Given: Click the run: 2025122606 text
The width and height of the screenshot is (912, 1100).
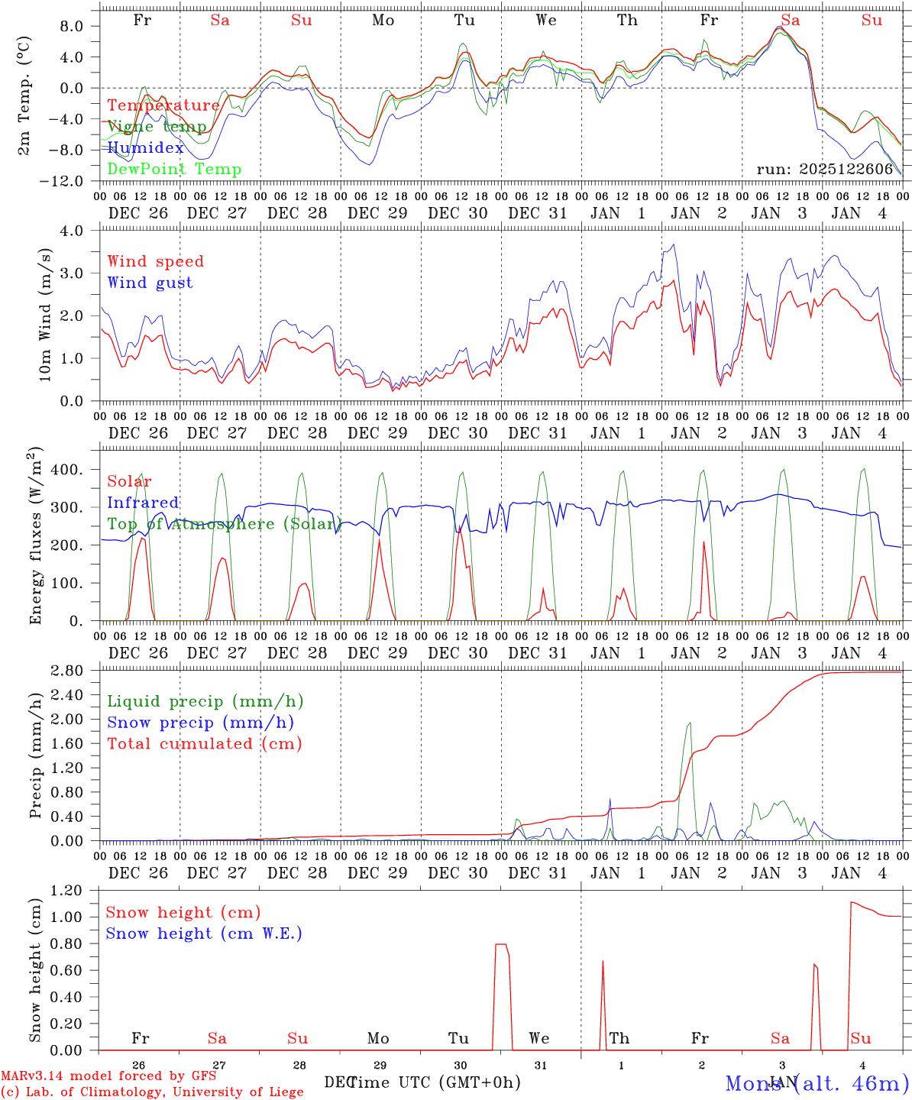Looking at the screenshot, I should pos(824,170).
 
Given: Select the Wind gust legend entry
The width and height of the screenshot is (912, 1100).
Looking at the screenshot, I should pos(150,283).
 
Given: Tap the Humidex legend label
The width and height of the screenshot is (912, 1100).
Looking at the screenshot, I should pos(145,148).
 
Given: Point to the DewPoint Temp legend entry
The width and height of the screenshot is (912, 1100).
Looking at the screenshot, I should pos(174,170).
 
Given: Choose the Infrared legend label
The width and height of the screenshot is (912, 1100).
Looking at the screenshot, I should pos(143,503).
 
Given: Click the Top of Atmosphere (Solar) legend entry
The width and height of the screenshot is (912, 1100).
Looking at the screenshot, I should pos(223,524).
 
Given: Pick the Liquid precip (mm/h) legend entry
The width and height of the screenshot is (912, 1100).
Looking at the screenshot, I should pos(205,701).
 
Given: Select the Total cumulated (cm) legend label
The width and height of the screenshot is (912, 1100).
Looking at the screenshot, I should pos(204,744).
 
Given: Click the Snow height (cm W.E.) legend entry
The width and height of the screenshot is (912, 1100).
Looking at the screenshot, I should pos(203,933).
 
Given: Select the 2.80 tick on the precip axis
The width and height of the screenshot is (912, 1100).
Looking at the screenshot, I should pos(74,671).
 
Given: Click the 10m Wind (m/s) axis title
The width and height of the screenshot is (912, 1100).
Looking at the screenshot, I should pos(45,315).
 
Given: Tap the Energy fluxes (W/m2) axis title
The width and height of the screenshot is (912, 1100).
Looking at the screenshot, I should pos(36,535).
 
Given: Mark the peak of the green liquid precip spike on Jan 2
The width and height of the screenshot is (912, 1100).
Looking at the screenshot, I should pos(690,723).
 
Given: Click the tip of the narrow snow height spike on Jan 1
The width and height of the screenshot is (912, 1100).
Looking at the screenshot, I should pos(603,961).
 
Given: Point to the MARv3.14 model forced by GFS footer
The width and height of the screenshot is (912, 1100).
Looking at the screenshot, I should pos(108,1076).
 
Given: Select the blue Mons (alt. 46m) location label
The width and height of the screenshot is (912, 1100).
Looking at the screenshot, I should pos(817,1083).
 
